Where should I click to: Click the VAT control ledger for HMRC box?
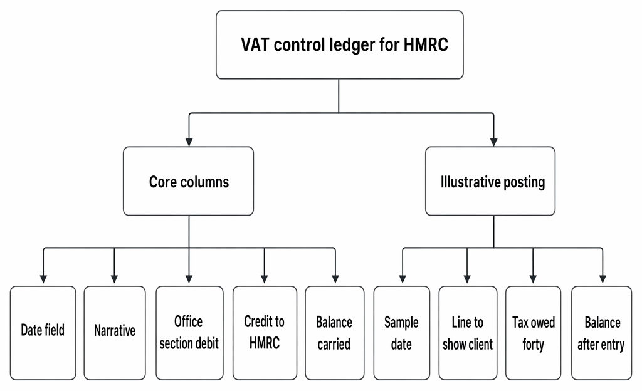click(339, 44)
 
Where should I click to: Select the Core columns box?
click(188, 181)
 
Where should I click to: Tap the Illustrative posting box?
click(490, 181)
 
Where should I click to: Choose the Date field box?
click(43, 333)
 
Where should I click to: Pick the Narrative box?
click(115, 333)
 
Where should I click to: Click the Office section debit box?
click(189, 333)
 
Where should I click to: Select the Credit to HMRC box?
click(265, 333)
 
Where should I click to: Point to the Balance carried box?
click(335, 333)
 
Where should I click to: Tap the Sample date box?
click(402, 333)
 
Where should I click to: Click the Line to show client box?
click(468, 333)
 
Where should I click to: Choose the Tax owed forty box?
click(533, 333)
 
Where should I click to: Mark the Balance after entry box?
click(601, 333)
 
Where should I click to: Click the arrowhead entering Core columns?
click(189, 142)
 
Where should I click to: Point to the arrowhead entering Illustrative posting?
click(494, 142)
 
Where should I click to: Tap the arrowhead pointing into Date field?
click(43, 279)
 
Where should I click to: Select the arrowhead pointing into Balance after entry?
click(603, 279)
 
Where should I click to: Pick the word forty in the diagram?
click(533, 345)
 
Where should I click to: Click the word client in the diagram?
click(480, 345)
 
